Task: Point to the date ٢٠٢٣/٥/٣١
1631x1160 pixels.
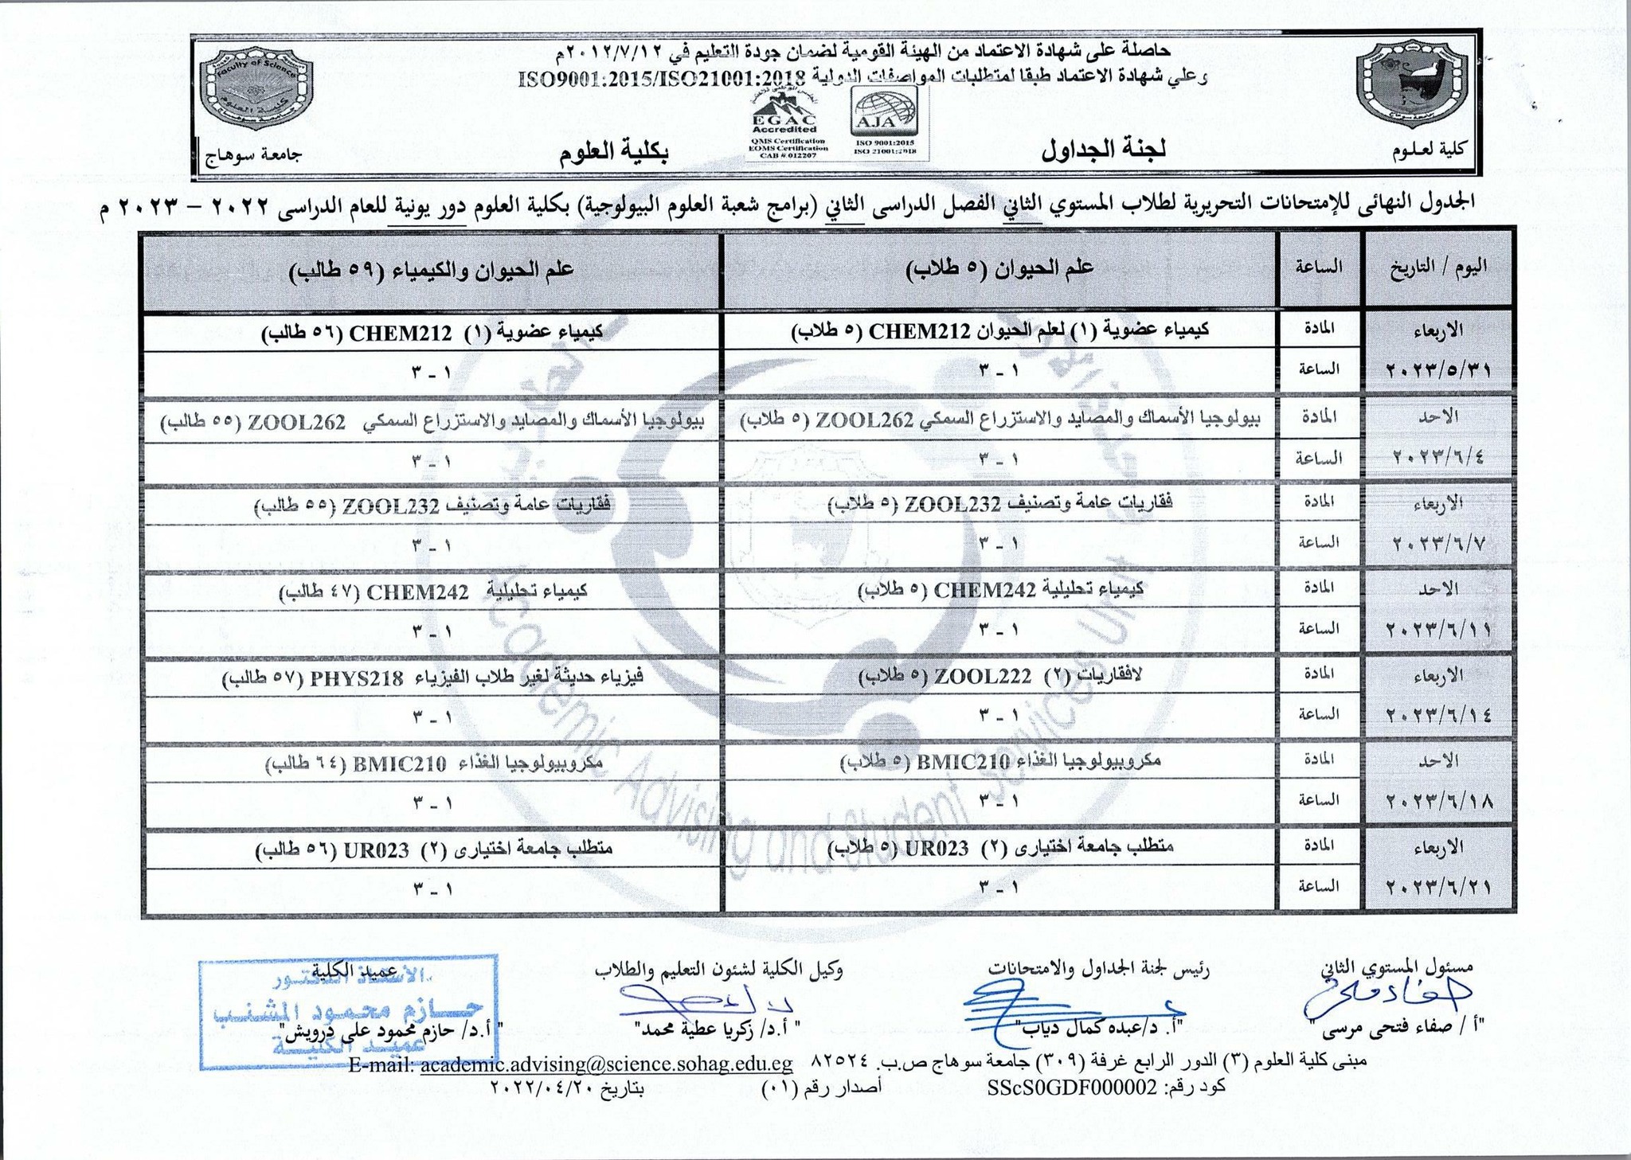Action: (1439, 370)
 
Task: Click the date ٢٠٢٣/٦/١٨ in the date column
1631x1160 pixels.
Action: (1439, 801)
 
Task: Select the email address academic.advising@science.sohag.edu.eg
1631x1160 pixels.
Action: (606, 1064)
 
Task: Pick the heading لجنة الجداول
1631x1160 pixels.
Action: (1104, 150)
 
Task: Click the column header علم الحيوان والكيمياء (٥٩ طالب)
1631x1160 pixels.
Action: (431, 269)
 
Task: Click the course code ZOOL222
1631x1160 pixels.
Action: (983, 677)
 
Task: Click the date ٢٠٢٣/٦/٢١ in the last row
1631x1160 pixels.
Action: (1439, 887)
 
